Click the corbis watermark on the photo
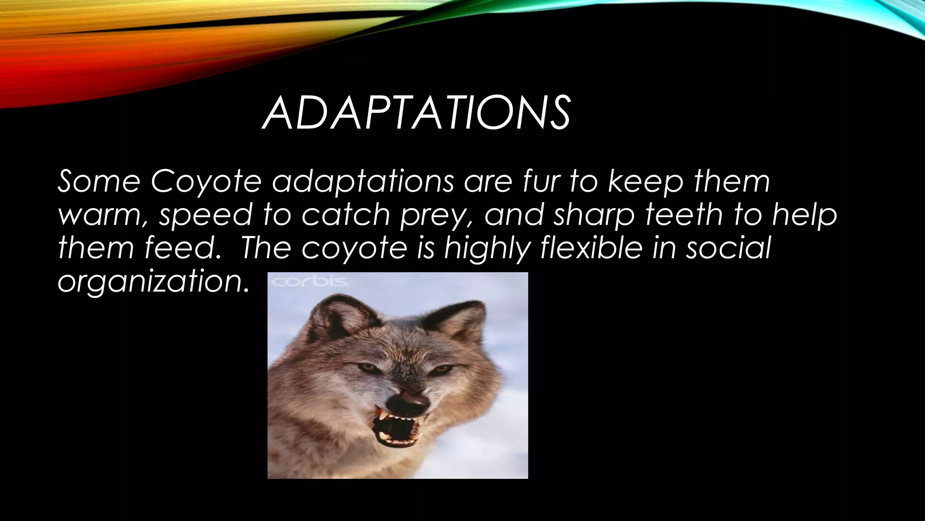pyautogui.click(x=310, y=282)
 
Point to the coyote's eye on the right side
pyautogui.click(x=441, y=369)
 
